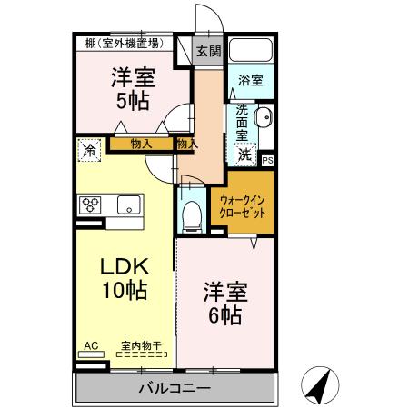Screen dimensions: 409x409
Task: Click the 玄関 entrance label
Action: (x=207, y=51)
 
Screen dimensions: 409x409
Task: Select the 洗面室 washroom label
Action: (x=243, y=123)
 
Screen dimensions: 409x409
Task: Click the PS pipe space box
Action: (x=267, y=161)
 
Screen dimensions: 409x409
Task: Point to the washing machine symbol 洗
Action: (x=245, y=155)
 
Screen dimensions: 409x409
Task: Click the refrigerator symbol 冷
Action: (x=89, y=149)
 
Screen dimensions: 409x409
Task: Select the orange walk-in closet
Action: (x=243, y=207)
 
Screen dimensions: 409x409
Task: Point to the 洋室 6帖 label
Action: (x=223, y=304)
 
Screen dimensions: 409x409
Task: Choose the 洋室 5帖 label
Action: (x=132, y=88)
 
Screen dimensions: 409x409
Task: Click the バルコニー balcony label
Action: (x=175, y=389)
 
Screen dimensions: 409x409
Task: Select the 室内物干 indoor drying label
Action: (x=141, y=345)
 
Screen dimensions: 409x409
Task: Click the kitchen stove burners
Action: (x=91, y=204)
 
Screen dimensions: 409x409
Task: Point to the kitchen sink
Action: (x=124, y=204)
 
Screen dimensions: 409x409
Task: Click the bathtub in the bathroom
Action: (x=251, y=51)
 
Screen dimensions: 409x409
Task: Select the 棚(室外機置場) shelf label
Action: (x=124, y=43)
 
